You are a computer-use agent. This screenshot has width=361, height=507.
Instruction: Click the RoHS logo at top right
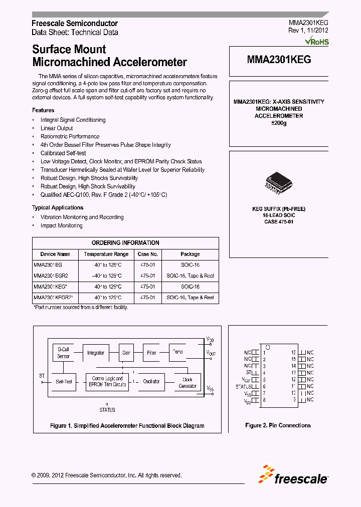[x=317, y=41]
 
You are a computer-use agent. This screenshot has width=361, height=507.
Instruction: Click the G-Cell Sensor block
[x=63, y=353]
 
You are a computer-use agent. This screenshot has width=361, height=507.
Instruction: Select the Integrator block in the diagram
[x=95, y=353]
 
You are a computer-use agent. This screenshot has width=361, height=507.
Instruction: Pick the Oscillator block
[x=151, y=382]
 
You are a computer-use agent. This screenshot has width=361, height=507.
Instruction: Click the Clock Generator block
[x=188, y=383]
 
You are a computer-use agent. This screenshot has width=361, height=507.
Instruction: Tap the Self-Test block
[x=64, y=382]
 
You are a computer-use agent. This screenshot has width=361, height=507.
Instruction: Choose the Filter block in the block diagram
[x=151, y=353]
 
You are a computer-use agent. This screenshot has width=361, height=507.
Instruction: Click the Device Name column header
[x=55, y=254]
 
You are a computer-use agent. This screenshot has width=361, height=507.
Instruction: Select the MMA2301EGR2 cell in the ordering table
[x=51, y=276]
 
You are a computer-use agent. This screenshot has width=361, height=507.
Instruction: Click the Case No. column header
[x=148, y=254]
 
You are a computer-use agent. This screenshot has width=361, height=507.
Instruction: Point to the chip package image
[x=278, y=181]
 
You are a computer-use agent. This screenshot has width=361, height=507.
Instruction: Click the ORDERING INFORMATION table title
[x=125, y=242]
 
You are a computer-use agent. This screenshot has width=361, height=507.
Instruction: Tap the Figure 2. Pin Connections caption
[x=278, y=425]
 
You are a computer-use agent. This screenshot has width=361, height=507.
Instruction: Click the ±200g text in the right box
[x=278, y=123]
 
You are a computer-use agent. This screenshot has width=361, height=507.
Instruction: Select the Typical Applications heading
[x=58, y=207]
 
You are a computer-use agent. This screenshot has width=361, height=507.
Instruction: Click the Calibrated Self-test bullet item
[x=63, y=153]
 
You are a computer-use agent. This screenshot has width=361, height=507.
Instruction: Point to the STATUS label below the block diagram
[x=107, y=410]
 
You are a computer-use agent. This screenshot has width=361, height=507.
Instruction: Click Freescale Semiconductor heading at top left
[x=75, y=24]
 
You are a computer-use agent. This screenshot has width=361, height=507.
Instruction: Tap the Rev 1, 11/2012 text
[x=308, y=32]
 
